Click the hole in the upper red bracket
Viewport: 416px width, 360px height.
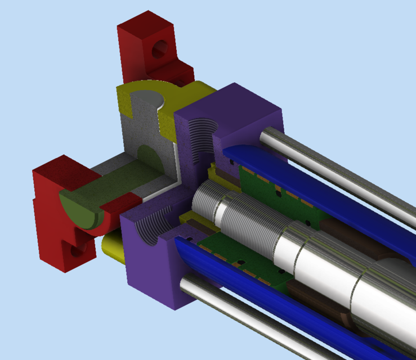(x=160, y=50)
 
